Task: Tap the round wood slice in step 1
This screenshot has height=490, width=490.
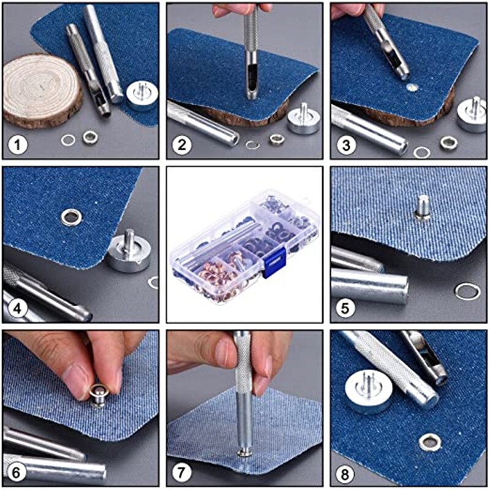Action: point(42,91)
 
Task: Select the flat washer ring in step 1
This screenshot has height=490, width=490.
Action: point(68,140)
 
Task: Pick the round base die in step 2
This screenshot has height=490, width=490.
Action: point(303,120)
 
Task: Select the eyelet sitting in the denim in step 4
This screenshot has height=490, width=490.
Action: point(71,216)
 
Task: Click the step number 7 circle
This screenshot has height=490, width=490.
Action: point(183,472)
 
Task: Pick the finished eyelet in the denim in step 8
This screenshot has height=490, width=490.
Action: point(430,440)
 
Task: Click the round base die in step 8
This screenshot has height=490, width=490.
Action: point(367,390)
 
